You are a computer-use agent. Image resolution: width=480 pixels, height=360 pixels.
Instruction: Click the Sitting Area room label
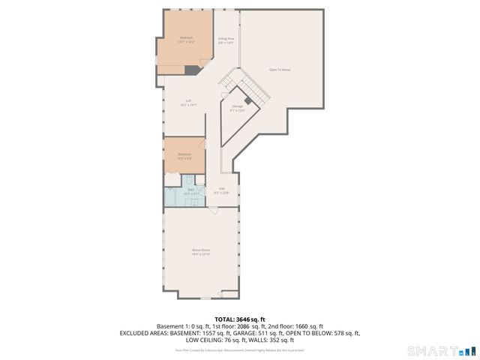click(226, 40)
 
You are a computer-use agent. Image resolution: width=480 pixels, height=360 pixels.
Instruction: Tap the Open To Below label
click(280, 70)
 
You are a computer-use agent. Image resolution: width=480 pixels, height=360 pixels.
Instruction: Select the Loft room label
click(188, 103)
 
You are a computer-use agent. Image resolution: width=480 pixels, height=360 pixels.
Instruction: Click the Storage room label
click(238, 109)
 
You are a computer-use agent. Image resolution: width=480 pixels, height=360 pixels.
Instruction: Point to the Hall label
click(222, 190)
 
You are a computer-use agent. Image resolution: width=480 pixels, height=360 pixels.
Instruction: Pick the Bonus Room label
click(200, 251)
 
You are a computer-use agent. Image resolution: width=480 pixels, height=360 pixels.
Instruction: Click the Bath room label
click(190, 191)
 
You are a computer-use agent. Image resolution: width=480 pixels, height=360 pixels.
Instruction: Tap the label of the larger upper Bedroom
click(186, 40)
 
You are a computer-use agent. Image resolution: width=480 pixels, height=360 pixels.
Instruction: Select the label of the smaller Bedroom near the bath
click(184, 155)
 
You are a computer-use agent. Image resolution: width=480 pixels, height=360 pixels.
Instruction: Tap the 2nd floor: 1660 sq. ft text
click(297, 326)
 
